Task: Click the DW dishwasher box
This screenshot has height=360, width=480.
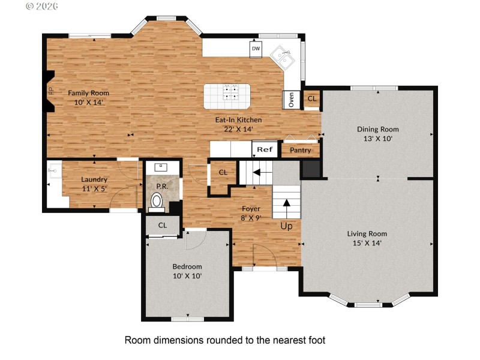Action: click(x=256, y=49)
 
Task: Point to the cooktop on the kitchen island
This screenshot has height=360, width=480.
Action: click(x=230, y=92)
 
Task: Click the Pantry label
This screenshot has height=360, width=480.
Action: click(x=300, y=150)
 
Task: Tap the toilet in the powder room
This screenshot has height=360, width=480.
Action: click(x=157, y=202)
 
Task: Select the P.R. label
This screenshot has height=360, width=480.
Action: click(x=161, y=186)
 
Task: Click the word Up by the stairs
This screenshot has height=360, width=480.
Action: click(x=287, y=227)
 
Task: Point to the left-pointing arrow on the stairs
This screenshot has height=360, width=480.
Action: click(x=257, y=172)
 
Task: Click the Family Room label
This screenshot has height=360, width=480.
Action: click(x=88, y=93)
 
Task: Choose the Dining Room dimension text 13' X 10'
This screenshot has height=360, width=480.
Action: click(x=378, y=138)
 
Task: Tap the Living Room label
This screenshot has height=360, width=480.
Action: click(x=367, y=233)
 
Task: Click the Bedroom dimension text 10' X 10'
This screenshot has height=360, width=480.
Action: click(x=187, y=276)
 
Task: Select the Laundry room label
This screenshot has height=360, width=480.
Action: click(x=94, y=179)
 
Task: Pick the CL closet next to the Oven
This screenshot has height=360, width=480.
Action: click(x=311, y=98)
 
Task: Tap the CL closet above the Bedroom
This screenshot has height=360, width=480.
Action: click(x=162, y=225)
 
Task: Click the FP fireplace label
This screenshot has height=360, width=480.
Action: click(x=50, y=91)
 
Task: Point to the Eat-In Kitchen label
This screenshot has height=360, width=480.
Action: click(x=238, y=119)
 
